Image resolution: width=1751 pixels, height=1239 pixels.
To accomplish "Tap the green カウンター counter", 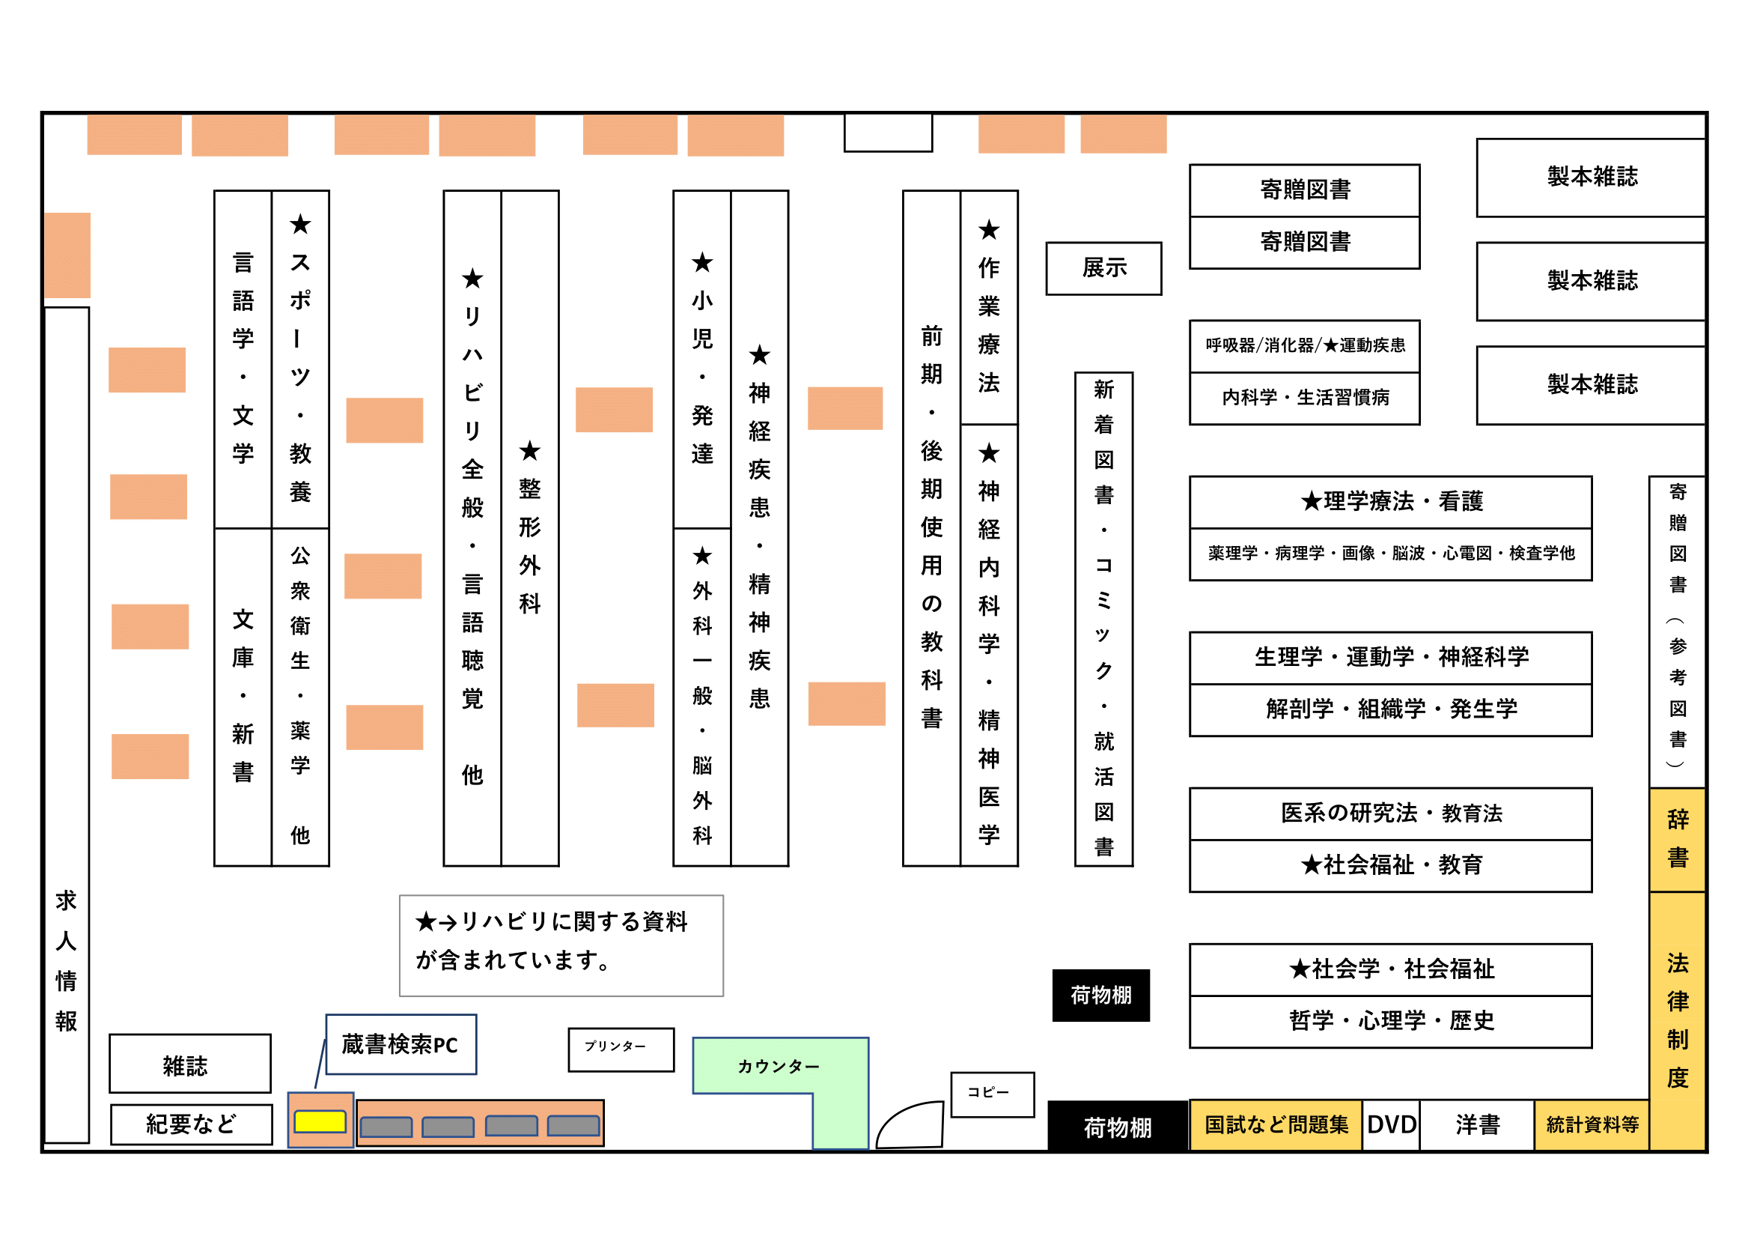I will (x=778, y=1066).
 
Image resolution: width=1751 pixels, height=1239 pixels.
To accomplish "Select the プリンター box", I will (x=621, y=1049).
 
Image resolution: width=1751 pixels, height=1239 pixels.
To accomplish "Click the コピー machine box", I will (x=991, y=1094).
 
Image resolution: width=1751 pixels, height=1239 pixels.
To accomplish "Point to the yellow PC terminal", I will (x=320, y=1121).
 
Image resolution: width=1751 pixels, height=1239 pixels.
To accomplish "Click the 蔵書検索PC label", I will (x=401, y=1044).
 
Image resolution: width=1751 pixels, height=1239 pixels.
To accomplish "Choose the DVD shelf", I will (x=1390, y=1124).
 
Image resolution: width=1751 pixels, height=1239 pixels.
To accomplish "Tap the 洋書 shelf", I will (x=1476, y=1124).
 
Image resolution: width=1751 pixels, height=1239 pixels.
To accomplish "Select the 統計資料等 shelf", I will (x=1592, y=1124).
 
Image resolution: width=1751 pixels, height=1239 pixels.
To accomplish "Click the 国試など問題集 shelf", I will (x=1275, y=1124).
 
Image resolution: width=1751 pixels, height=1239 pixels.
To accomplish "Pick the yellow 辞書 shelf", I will (x=1676, y=839).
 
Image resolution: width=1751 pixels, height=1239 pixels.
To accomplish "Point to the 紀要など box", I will (x=191, y=1124).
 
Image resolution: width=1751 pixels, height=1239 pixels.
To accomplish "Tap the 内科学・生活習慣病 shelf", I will (x=1304, y=399).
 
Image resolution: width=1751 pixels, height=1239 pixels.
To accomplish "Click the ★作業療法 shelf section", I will (x=988, y=306).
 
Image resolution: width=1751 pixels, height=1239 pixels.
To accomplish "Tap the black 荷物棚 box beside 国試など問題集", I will (x=1117, y=1126).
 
